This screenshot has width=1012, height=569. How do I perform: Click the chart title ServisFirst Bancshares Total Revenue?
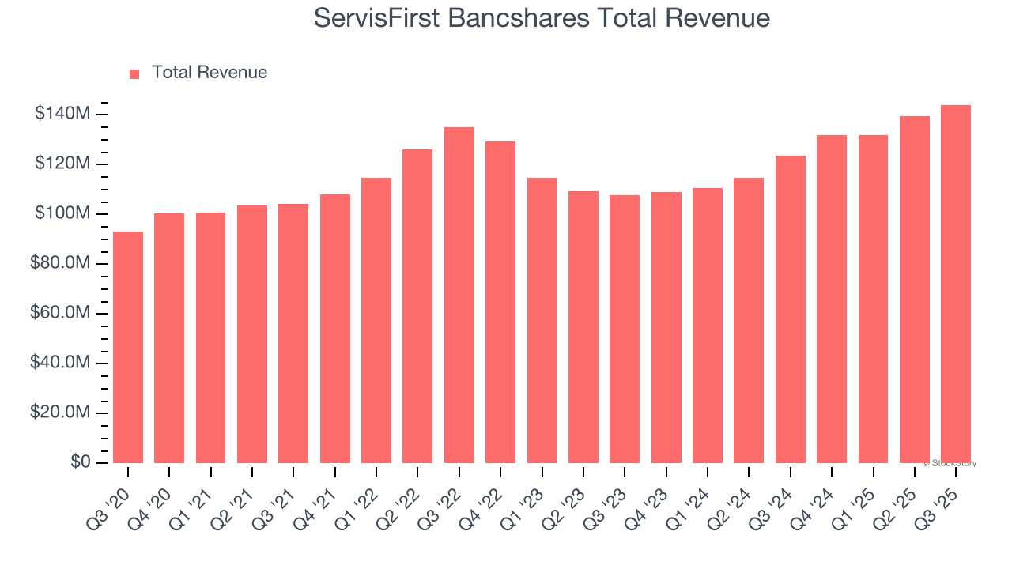[542, 17]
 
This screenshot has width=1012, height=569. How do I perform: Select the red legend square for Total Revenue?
[134, 73]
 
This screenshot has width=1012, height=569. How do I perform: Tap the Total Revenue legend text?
[210, 73]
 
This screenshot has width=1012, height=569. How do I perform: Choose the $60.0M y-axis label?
[60, 313]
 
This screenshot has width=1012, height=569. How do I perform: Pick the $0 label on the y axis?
[80, 462]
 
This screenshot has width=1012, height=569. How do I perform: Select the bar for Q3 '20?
[128, 347]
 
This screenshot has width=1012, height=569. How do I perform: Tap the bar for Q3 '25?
[956, 284]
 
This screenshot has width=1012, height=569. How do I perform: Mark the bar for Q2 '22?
[417, 306]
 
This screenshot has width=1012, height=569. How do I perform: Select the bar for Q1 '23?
[542, 320]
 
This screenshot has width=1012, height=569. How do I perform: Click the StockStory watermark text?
[951, 463]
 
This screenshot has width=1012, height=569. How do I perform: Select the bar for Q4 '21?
[335, 329]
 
